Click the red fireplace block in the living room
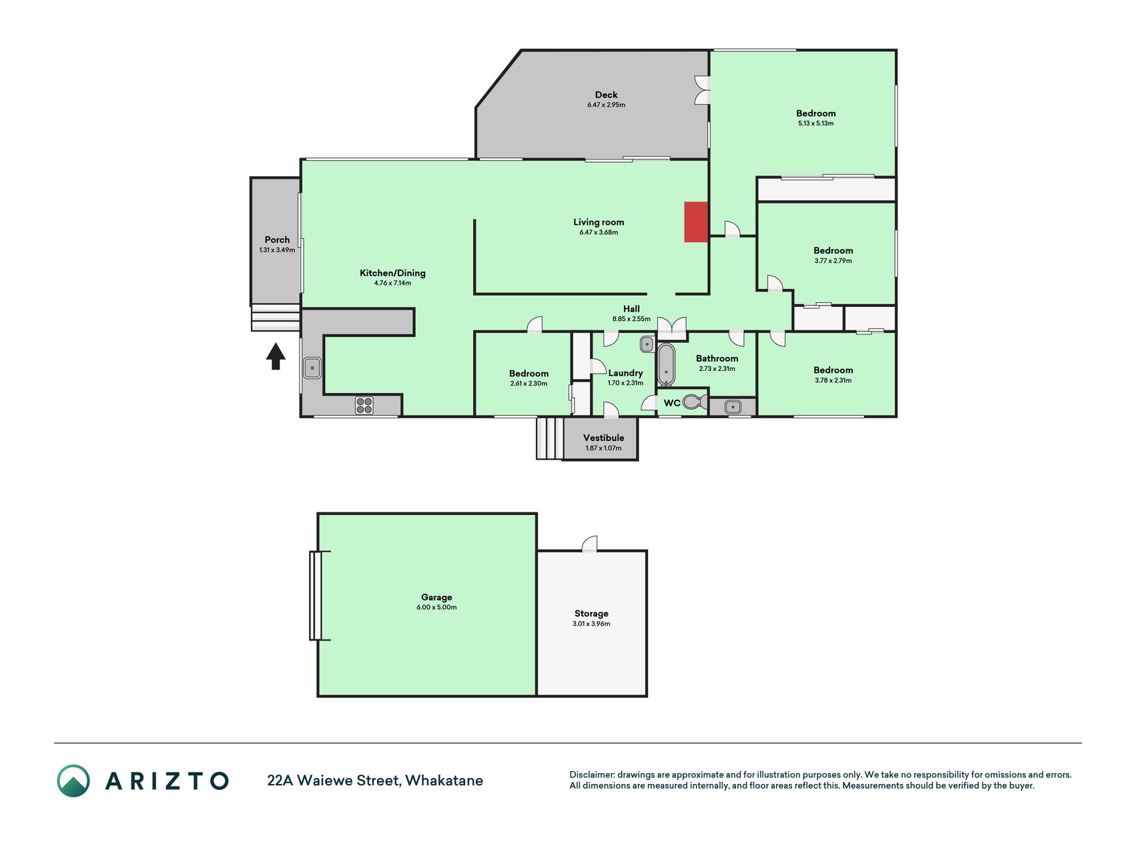click(696, 222)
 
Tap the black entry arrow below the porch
click(276, 356)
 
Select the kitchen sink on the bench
click(312, 368)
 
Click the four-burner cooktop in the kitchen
click(364, 406)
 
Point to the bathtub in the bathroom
click(666, 364)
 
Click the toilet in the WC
click(695, 402)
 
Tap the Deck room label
click(607, 95)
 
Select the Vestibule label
click(604, 438)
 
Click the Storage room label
click(591, 614)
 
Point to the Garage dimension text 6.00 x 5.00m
click(437, 608)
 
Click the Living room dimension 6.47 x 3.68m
click(599, 233)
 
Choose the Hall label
click(631, 309)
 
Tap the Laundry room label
click(626, 373)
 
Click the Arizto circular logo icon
click(73, 781)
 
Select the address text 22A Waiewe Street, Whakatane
click(375, 781)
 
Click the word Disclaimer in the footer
click(592, 775)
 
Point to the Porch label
click(277, 240)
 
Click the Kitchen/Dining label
click(392, 273)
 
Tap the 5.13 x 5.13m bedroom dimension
click(816, 123)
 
